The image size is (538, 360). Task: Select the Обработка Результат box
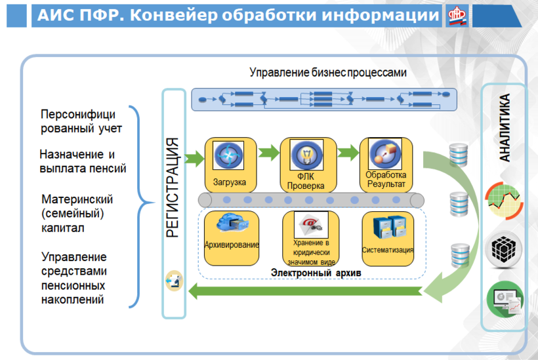coord(386,164)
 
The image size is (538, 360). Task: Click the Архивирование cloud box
coord(231,236)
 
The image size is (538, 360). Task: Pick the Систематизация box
coord(388,237)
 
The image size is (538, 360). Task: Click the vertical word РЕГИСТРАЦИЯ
coord(173,187)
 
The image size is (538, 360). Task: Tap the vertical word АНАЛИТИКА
coord(505,127)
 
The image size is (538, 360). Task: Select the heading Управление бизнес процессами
coord(328,73)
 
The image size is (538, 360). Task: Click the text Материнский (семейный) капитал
coord(77,213)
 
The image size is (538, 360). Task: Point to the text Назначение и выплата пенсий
coord(83,161)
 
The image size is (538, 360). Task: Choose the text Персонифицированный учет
coord(81,121)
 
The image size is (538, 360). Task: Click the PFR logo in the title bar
coord(457,16)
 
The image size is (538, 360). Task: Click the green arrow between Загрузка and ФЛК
coord(267,153)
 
